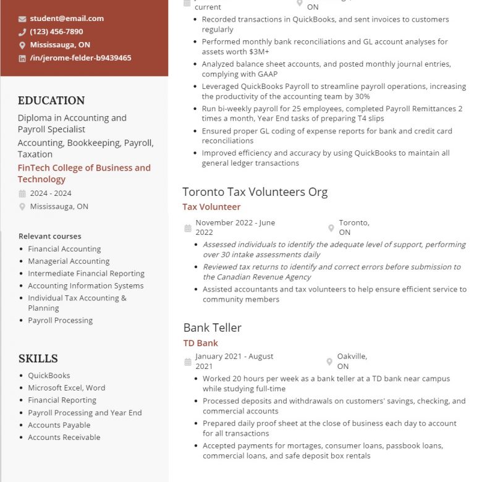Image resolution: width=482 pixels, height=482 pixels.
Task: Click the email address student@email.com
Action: pyautogui.click(x=67, y=19)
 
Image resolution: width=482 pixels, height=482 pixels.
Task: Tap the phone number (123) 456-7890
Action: pyautogui.click(x=56, y=32)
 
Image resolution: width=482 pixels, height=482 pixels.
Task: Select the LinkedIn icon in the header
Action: pyautogui.click(x=22, y=58)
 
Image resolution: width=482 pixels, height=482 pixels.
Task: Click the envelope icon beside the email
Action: pyautogui.click(x=22, y=19)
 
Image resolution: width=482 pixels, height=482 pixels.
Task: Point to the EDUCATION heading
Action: pyautogui.click(x=51, y=101)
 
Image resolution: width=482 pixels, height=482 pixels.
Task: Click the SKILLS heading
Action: pyautogui.click(x=38, y=358)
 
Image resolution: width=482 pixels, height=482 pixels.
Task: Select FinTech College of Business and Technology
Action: pyautogui.click(x=84, y=173)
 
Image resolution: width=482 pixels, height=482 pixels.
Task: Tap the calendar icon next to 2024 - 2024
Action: pyautogui.click(x=22, y=193)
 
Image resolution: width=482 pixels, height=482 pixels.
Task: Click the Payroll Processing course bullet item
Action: pyautogui.click(x=60, y=320)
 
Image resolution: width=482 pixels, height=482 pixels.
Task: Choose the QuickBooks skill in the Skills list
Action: pyautogui.click(x=49, y=375)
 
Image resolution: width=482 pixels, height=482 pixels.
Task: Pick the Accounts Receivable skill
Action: pyautogui.click(x=64, y=437)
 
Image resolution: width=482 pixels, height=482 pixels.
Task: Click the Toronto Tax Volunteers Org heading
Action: pyautogui.click(x=255, y=192)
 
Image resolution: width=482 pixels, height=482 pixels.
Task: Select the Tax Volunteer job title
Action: pyautogui.click(x=211, y=207)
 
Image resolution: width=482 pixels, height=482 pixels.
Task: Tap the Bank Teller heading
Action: pyautogui.click(x=212, y=328)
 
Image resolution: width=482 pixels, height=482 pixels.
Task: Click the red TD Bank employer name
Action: pyautogui.click(x=200, y=343)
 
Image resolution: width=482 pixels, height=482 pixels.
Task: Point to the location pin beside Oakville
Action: pyautogui.click(x=329, y=361)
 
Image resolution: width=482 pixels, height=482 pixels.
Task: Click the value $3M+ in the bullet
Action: pyautogui.click(x=259, y=52)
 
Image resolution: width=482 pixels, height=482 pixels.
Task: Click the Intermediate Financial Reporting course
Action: pyautogui.click(x=86, y=273)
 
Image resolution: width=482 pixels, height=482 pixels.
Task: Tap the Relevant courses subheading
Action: pyautogui.click(x=49, y=236)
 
